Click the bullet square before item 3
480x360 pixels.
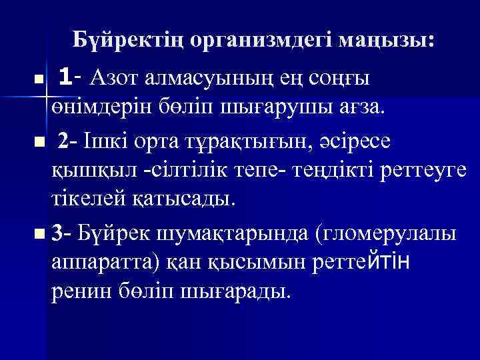pyautogui.click(x=41, y=233)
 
